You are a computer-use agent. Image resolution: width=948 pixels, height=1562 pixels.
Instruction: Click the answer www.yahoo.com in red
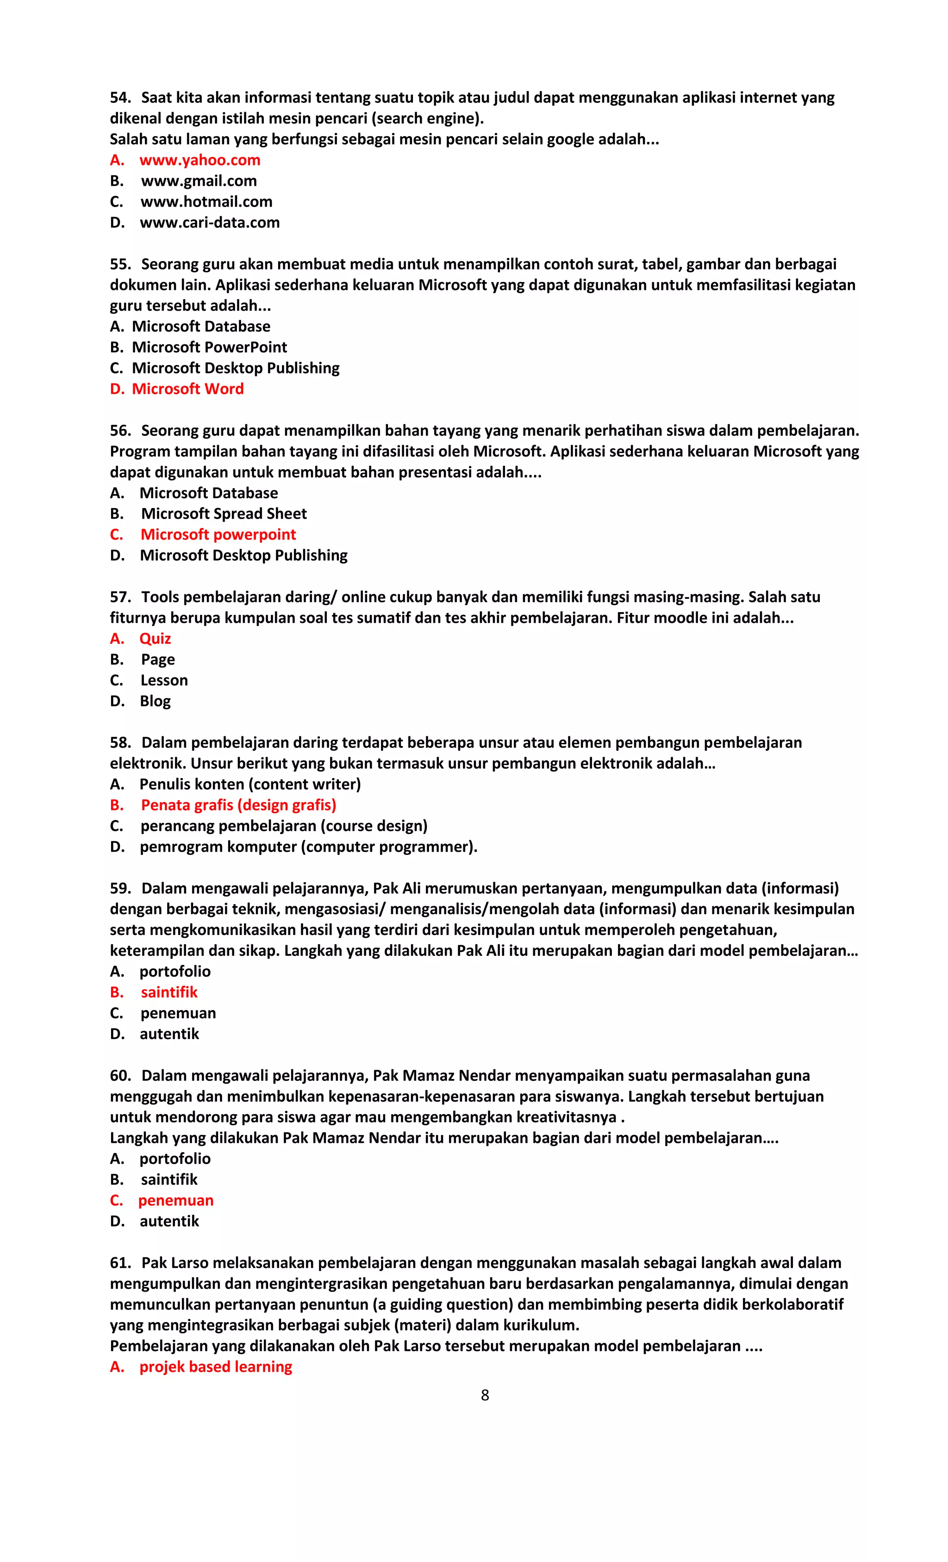[x=199, y=160]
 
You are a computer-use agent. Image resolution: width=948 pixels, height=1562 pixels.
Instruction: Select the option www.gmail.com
[x=198, y=181]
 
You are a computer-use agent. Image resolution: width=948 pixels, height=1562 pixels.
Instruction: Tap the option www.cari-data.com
[x=209, y=222]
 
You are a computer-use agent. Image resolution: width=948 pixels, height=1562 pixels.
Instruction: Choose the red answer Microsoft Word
[x=187, y=389]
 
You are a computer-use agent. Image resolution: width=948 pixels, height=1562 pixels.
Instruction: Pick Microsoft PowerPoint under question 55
[x=209, y=347]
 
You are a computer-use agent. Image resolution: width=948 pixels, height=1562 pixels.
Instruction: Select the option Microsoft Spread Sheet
[x=223, y=514]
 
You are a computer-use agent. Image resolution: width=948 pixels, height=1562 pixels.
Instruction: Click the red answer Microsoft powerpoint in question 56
[x=218, y=534]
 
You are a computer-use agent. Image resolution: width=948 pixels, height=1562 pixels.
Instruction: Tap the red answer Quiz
[x=155, y=638]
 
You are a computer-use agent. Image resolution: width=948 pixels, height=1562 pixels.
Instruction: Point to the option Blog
[x=155, y=701]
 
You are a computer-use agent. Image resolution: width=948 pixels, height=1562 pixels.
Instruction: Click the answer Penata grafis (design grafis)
[x=238, y=805]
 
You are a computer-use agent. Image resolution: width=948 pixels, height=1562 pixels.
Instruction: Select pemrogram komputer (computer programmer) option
[x=308, y=847]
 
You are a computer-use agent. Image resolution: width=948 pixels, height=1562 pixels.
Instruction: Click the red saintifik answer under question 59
[x=168, y=992]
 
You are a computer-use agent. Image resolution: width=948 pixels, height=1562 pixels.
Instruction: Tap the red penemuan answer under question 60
[x=175, y=1200]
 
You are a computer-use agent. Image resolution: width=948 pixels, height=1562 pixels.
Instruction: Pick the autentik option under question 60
[x=169, y=1221]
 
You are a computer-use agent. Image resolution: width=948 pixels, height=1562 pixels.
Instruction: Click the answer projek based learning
[x=215, y=1367]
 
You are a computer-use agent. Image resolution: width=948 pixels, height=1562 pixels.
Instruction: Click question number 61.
[x=120, y=1263]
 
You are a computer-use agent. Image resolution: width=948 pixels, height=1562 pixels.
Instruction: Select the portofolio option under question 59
[x=175, y=971]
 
